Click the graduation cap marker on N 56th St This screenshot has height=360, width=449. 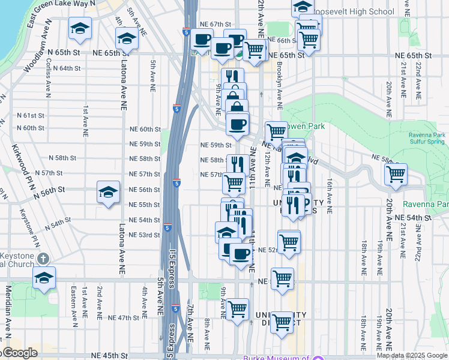click(x=107, y=193)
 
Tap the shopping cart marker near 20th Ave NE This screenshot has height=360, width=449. click(x=396, y=175)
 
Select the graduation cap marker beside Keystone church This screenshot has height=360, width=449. click(x=44, y=278)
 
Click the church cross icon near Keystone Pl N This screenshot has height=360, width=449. click(x=42, y=259)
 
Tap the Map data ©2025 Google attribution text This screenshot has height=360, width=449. click(x=411, y=355)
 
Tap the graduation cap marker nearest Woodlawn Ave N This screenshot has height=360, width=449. click(x=80, y=29)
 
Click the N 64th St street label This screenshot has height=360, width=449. click(x=66, y=68)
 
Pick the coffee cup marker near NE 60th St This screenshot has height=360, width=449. click(x=238, y=124)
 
